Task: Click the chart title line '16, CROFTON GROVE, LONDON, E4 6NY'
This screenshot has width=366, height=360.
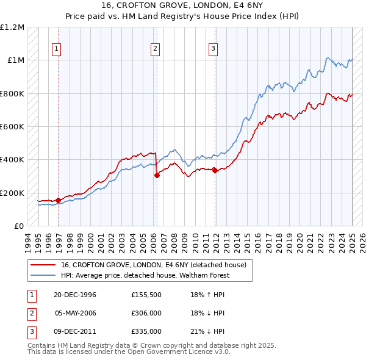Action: click(182, 5)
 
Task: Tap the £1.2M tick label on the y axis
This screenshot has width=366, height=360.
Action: click(13, 27)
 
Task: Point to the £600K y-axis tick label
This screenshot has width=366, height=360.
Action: click(13, 127)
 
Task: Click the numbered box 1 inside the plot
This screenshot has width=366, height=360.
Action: click(56, 49)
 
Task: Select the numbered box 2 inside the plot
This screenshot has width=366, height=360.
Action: click(155, 49)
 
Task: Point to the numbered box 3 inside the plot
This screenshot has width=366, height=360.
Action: click(213, 49)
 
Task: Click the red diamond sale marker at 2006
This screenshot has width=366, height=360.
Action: click(157, 175)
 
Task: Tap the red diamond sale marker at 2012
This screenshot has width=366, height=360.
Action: click(215, 170)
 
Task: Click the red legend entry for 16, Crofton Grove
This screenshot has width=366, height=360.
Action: click(153, 265)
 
